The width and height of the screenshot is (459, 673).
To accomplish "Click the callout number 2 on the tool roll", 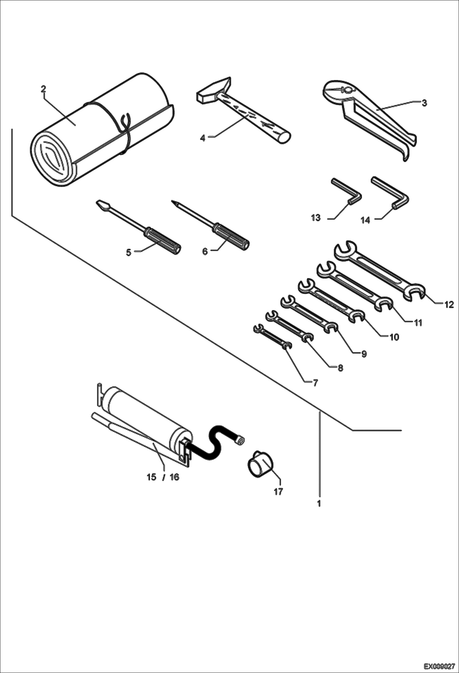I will pyautogui.click(x=43, y=89).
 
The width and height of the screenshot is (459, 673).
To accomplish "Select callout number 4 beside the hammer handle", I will pyautogui.click(x=203, y=138).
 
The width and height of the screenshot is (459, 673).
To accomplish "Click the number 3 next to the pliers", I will pyautogui.click(x=424, y=103).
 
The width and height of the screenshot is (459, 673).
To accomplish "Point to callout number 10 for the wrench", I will pyautogui.click(x=394, y=337).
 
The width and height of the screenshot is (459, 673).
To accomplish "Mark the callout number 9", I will pyautogui.click(x=364, y=354).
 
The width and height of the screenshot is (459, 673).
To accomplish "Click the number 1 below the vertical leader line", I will pyautogui.click(x=319, y=503).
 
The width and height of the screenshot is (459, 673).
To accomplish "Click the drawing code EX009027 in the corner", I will pyautogui.click(x=439, y=666).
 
